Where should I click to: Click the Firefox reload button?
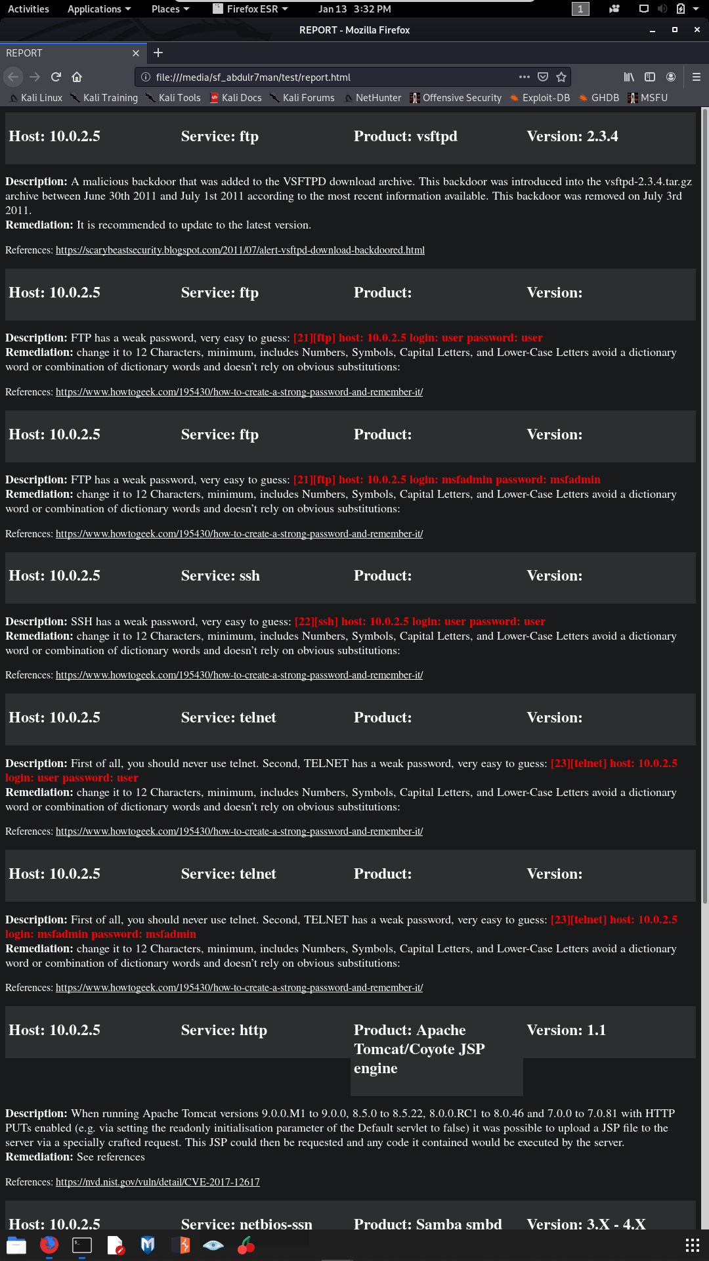pos(56,77)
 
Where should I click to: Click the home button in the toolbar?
pos(77,77)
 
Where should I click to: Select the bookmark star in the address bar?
pos(561,77)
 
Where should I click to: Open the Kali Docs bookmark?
pos(236,98)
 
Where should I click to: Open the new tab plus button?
pos(158,53)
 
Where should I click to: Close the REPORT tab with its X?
pos(136,53)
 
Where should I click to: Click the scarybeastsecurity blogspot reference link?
pos(240,250)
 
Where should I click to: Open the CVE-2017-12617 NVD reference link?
pos(158,1182)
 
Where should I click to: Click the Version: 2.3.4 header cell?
pos(572,137)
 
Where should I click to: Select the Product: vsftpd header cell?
pos(406,137)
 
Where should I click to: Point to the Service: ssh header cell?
pos(221,576)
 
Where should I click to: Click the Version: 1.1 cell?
pos(566,1030)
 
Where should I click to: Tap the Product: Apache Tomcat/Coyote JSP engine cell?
pos(419,1049)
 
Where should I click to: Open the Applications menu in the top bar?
pos(99,9)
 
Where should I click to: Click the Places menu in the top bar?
pos(170,9)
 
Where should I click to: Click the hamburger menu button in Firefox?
pos(697,77)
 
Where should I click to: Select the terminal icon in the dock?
pos(82,1245)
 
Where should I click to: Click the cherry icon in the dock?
pos(246,1245)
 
